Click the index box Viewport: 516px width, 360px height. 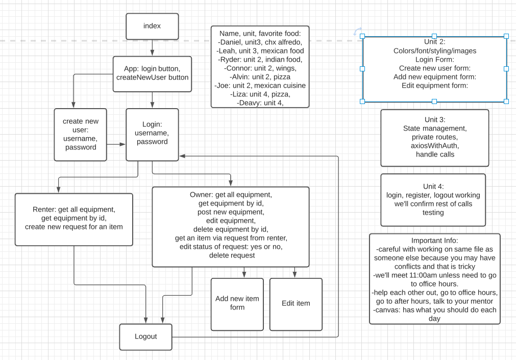[x=152, y=27]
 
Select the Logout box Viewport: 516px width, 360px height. [x=146, y=337]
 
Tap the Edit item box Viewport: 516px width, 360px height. [x=296, y=304]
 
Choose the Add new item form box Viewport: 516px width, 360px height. [x=237, y=304]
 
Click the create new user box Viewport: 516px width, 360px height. [x=80, y=135]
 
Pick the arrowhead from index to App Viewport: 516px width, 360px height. [x=152, y=53]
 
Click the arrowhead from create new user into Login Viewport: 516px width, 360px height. [x=122, y=144]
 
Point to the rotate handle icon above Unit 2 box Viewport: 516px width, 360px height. [x=357, y=32]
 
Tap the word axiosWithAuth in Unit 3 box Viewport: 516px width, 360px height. [x=435, y=146]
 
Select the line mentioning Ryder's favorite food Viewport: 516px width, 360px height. [x=260, y=60]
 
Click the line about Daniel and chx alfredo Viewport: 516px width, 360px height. [x=260, y=42]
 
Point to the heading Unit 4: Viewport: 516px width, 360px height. [x=433, y=187]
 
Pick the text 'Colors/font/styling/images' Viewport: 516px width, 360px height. [x=435, y=50]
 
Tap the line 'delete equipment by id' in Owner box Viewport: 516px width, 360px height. [x=231, y=229]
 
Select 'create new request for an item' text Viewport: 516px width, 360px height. [x=73, y=227]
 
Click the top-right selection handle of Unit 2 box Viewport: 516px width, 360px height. [x=506, y=36]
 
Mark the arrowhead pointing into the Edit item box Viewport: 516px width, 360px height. [x=294, y=274]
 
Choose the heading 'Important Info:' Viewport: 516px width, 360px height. [x=434, y=240]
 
